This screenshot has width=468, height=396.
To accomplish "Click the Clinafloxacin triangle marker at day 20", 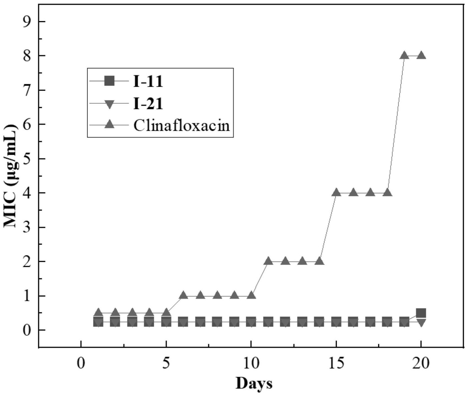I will pos(421,55).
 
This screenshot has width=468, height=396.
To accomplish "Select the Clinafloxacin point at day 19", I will pos(404,55).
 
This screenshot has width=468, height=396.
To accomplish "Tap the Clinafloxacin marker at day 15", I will pos(336,193).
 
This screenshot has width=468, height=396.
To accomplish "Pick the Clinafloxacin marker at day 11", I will pos(268,261).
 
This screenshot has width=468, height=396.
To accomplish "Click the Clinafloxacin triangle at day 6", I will pos(183,296).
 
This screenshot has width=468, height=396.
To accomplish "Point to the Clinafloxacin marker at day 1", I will pos(98,313).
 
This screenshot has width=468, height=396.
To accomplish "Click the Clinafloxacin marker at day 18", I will pos(388,193).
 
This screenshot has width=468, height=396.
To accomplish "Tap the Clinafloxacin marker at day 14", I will pos(319,261).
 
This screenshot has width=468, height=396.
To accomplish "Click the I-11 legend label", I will pos(148,82).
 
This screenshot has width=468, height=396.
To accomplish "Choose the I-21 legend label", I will pos(148,104).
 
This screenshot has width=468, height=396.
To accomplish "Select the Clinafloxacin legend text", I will pos(182,125).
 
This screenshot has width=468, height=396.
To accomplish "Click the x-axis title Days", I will pos(254,384).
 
